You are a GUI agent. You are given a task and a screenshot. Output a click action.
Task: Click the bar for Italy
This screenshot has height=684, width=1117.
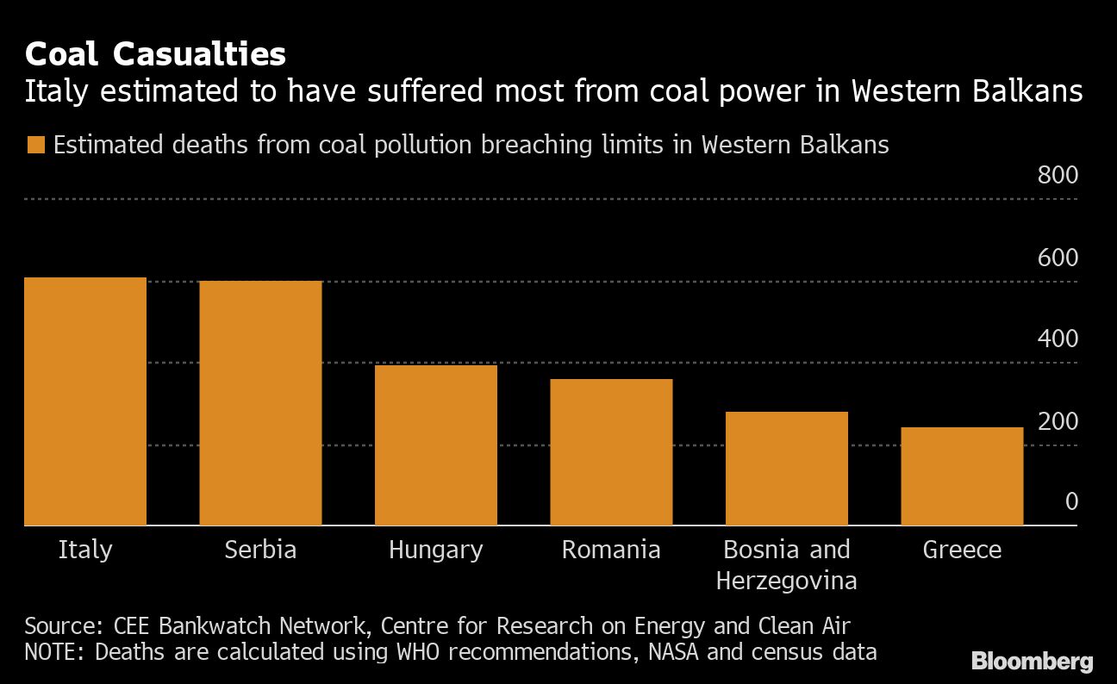tap(85, 401)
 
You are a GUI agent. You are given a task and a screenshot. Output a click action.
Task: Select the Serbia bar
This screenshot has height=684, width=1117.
tap(260, 403)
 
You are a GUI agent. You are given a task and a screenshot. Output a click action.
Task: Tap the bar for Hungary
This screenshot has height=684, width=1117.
tap(436, 445)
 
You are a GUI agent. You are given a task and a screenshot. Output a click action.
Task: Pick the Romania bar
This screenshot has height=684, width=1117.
tap(611, 452)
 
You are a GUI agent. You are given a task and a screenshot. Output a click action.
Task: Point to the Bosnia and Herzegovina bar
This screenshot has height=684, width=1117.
tap(787, 469)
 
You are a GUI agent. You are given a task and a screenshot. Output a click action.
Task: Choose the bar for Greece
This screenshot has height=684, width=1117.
tap(962, 476)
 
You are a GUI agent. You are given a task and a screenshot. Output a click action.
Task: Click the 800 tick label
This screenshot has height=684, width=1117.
tap(1058, 176)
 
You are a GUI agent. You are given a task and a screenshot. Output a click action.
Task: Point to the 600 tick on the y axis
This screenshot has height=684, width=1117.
tap(1058, 258)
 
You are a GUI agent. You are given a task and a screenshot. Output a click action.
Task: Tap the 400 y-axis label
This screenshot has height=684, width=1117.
tap(1058, 339)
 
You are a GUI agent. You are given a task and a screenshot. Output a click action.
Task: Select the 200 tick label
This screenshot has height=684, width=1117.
tap(1058, 421)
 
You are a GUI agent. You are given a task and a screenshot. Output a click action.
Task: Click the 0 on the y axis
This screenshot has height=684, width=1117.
tap(1071, 501)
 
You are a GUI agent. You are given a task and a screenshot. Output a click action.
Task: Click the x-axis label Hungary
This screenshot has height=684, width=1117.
tap(436, 550)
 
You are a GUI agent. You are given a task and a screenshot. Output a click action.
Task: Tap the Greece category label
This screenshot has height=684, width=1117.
tap(962, 550)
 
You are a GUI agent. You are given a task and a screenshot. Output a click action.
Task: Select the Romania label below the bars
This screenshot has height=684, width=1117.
tap(611, 550)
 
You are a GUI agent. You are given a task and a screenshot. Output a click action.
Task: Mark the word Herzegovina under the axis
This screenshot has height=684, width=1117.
tap(787, 581)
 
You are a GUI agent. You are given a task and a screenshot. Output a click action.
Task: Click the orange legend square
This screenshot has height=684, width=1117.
tap(35, 145)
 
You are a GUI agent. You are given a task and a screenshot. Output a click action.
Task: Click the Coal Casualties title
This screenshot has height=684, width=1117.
tap(155, 54)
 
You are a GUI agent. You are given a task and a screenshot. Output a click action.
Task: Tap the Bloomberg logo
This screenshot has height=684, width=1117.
tap(1033, 662)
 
